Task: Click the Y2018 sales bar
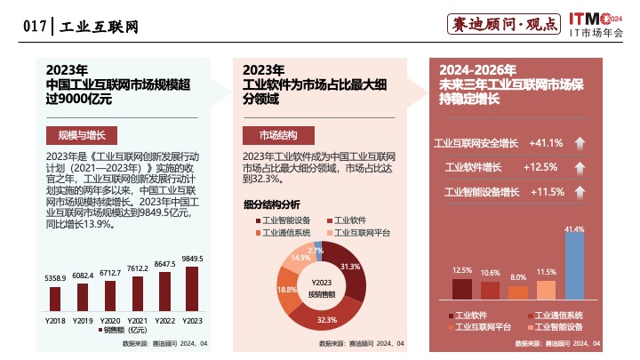coord(56,297)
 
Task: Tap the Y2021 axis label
coord(138,319)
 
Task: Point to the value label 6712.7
coord(110,273)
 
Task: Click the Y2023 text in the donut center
coord(322,283)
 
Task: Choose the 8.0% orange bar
coord(518,291)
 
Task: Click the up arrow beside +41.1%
coord(577,143)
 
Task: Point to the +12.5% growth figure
coord(540,167)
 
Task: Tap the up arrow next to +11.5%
coord(577,191)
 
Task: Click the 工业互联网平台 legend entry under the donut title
coord(363,232)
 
